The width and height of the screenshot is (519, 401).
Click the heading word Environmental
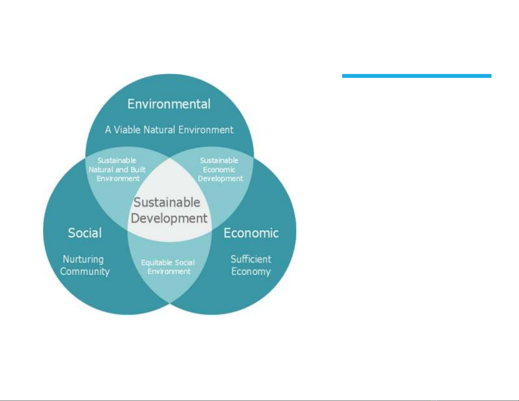(169, 104)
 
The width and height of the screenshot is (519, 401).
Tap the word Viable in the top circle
(127, 130)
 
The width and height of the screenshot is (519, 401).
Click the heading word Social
(85, 233)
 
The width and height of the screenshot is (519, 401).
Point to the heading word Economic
(251, 233)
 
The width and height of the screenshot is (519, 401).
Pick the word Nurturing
(83, 260)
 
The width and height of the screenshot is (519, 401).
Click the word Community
(85, 272)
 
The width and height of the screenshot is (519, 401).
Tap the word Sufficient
(251, 259)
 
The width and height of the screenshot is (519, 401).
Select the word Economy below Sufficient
(251, 272)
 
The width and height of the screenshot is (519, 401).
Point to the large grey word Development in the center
(169, 218)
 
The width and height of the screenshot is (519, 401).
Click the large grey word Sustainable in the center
(167, 202)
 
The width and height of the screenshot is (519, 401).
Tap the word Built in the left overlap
(138, 170)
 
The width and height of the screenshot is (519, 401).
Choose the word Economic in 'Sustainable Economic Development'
(219, 170)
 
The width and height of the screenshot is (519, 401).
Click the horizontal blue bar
(417, 76)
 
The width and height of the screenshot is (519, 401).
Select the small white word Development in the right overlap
(220, 179)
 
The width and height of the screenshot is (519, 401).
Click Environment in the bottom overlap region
(169, 272)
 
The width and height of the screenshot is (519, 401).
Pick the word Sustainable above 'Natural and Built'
(117, 160)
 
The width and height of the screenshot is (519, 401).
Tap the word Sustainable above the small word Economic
(219, 160)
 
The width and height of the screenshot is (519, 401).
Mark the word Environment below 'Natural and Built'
(118, 178)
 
